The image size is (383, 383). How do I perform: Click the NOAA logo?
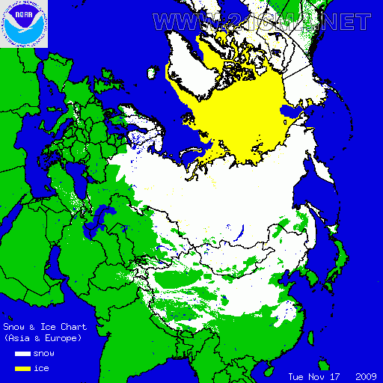pos(24,24)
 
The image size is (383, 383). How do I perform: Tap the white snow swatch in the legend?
pos(22,353)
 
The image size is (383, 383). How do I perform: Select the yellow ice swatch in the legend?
pos(22,367)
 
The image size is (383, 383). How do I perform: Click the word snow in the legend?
pos(44,353)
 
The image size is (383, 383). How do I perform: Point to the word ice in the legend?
pos(40,367)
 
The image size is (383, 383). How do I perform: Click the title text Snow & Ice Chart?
pos(45,327)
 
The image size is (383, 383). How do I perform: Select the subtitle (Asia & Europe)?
pos(42,338)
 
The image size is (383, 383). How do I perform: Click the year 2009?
pos(365,376)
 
